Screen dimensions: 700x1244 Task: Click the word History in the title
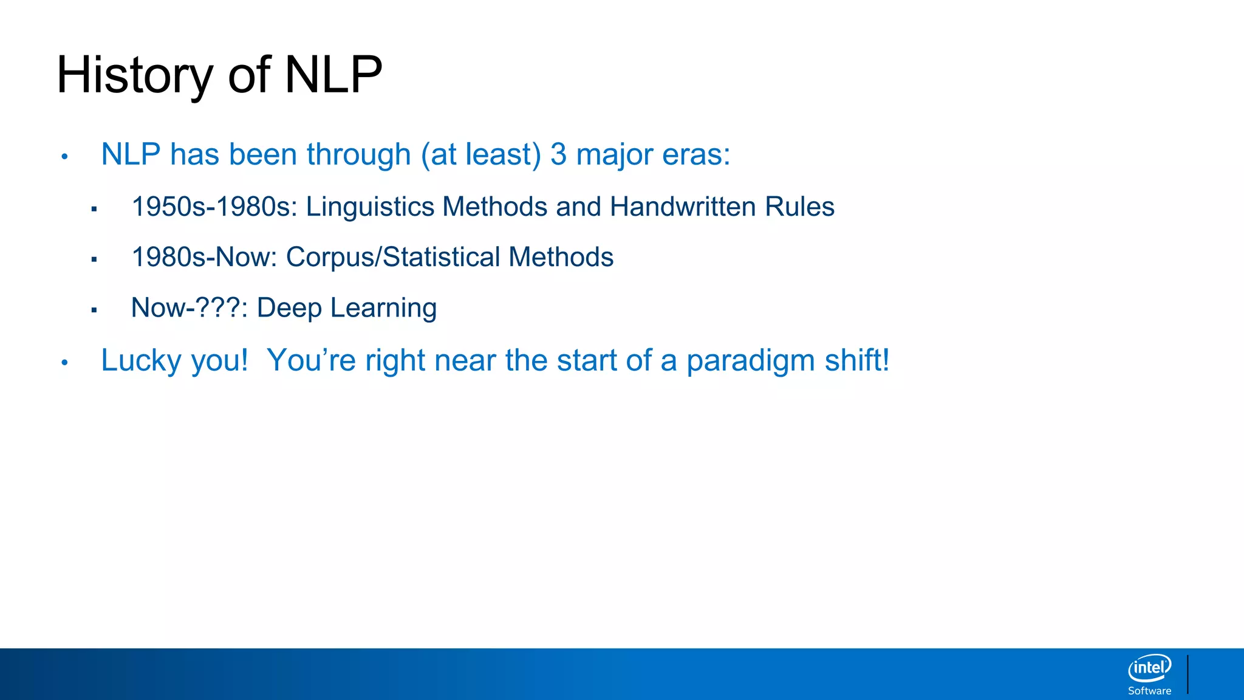(134, 75)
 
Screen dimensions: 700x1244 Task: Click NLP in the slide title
(333, 75)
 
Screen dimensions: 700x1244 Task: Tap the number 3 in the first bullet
(558, 154)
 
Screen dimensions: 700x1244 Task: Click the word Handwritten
(683, 207)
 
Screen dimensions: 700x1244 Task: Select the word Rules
(799, 207)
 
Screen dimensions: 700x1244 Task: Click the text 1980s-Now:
(204, 258)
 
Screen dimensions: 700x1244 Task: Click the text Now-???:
(189, 308)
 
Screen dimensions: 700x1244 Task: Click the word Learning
(383, 308)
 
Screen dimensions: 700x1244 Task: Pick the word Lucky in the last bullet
(141, 360)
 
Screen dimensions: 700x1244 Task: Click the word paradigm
(751, 360)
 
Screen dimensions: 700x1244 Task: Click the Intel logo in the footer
(1149, 668)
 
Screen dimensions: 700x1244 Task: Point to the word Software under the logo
(1149, 691)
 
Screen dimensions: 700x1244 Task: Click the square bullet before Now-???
(94, 310)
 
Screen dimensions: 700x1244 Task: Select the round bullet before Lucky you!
(64, 363)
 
